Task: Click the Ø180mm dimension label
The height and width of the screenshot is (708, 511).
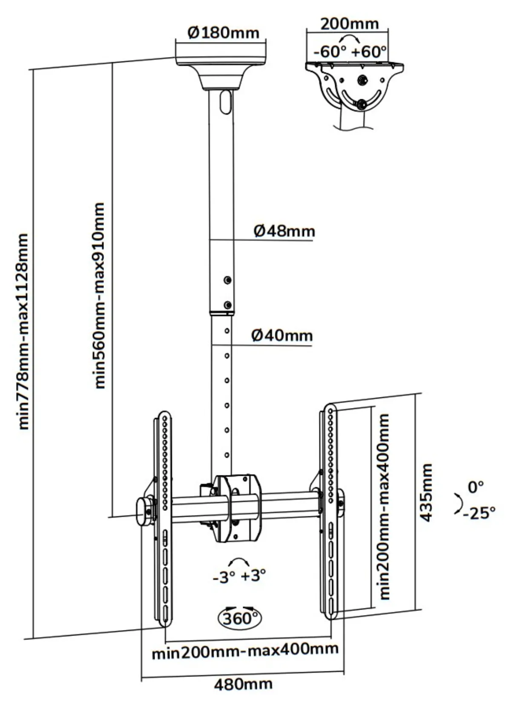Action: pos(223,32)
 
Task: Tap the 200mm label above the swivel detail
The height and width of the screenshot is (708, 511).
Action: pos(350,24)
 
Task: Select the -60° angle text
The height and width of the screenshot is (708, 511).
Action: pos(330,52)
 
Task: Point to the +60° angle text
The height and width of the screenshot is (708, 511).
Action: pos(369,52)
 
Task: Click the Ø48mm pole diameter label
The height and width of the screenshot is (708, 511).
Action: pos(284,231)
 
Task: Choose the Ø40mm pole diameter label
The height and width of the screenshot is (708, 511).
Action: pos(282,335)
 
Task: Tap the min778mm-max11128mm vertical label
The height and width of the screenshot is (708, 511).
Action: pos(24,331)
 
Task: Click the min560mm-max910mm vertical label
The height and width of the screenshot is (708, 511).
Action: pos(100,296)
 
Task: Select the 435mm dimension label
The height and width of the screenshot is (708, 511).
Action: pos(427,493)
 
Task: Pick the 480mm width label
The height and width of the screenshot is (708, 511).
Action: pos(243,682)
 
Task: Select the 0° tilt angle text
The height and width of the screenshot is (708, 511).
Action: pos(476,487)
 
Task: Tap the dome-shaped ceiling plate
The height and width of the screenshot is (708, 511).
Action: pos(221,73)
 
